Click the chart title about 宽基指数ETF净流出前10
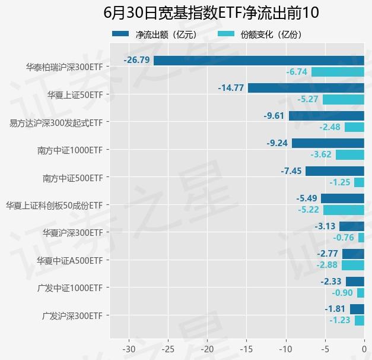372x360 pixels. (211, 13)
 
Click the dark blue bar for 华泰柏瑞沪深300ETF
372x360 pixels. (259, 61)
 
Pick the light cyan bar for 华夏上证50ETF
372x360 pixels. (343, 100)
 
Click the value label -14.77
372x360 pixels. (231, 88)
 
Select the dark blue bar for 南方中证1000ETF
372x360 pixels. (328, 143)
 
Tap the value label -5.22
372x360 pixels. (309, 210)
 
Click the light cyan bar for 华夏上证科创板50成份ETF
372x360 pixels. (344, 210)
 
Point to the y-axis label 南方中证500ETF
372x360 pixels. (73, 178)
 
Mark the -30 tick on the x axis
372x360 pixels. (129, 348)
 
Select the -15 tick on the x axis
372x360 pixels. (246, 348)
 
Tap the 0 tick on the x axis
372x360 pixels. (364, 348)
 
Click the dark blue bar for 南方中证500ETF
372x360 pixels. (335, 171)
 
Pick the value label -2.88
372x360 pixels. (327, 265)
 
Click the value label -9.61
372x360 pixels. (274, 116)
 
